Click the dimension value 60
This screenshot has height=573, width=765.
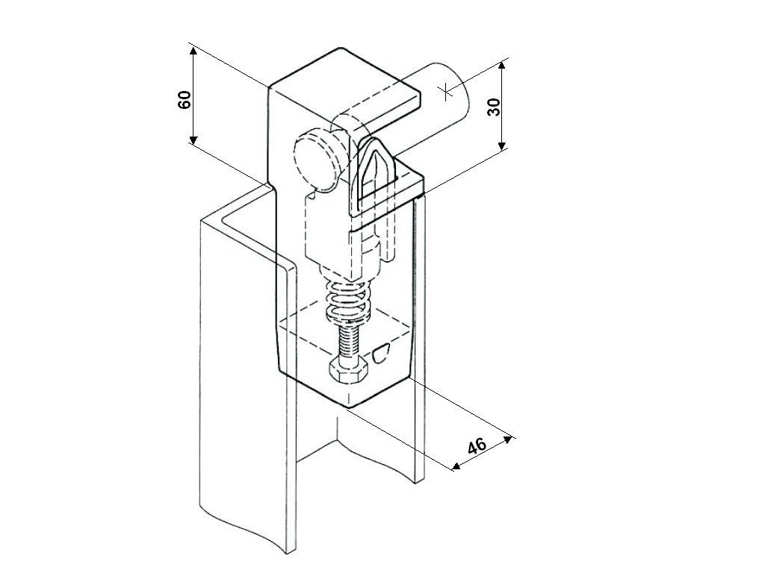[185, 99]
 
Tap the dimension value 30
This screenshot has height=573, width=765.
[493, 106]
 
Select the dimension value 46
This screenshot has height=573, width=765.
[477, 446]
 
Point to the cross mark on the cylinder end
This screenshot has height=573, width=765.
[446, 92]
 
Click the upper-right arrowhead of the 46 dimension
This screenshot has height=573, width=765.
[510, 438]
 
